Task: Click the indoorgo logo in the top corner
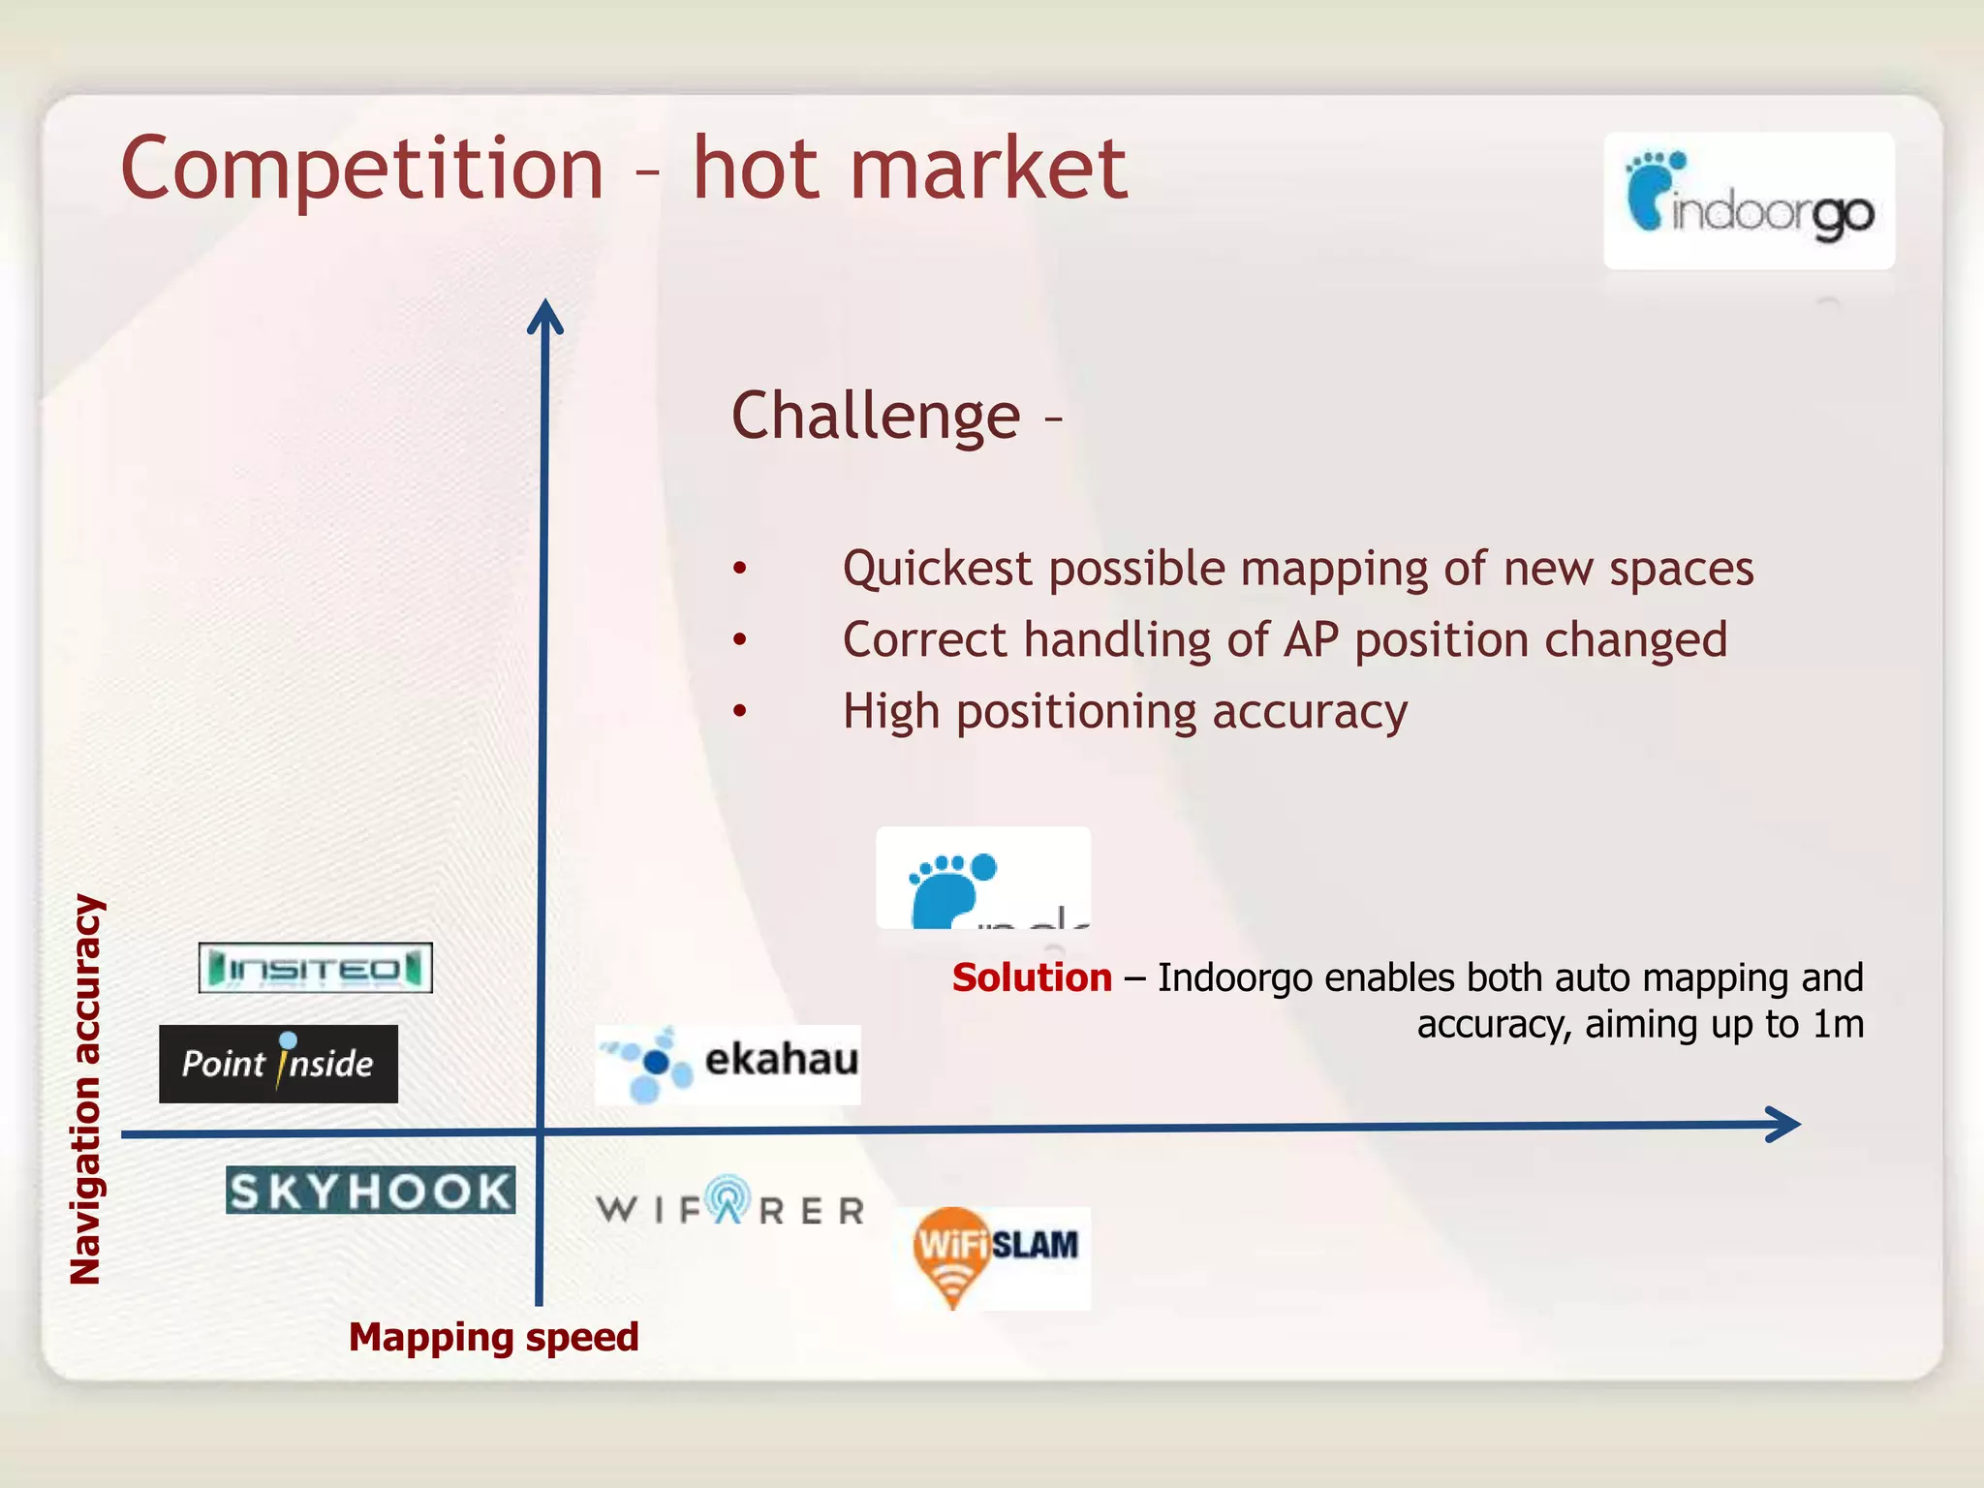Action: point(1749,201)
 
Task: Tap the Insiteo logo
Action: point(315,968)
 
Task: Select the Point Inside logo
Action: point(278,1064)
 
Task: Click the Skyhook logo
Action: point(370,1191)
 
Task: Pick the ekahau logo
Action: point(728,1064)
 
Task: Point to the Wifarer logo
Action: point(729,1204)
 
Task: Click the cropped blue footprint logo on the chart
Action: point(982,879)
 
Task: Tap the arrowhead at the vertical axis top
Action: point(545,316)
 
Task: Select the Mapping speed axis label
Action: point(493,1337)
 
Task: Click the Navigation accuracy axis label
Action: point(86,1089)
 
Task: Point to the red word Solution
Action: point(1032,977)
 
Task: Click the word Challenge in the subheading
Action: point(876,417)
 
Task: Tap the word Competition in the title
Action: point(362,170)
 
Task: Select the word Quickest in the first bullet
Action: point(937,569)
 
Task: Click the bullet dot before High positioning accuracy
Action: point(740,712)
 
